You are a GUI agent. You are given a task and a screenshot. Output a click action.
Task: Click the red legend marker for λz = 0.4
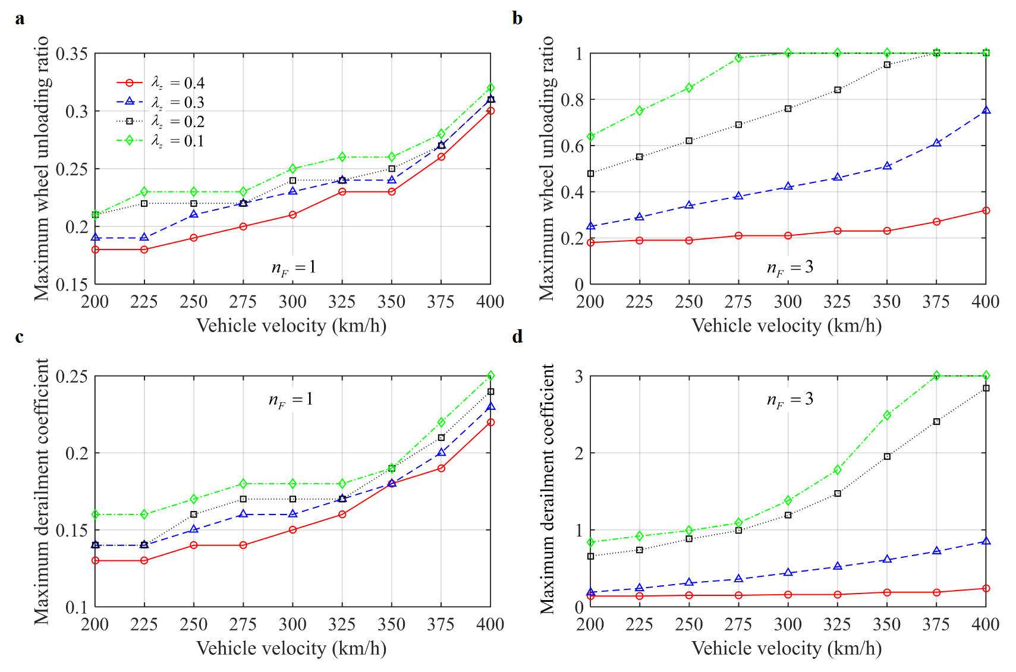129,83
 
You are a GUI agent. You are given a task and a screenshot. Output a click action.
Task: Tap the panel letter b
517,18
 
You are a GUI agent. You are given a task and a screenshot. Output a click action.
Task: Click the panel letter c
20,337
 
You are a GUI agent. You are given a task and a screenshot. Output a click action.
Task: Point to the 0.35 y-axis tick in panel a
71,54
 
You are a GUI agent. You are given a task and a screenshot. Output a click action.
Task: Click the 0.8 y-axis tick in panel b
572,100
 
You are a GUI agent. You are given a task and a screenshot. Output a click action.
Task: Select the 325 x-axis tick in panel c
342,624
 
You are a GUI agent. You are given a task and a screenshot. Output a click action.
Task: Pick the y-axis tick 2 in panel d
579,453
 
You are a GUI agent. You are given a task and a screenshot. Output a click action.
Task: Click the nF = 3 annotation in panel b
789,268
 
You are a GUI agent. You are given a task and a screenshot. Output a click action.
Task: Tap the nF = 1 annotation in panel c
291,400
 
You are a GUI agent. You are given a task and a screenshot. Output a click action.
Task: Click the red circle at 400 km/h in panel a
490,111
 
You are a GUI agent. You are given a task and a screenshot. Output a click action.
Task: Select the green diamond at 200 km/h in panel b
590,137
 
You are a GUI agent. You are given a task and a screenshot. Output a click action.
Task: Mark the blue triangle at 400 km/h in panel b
986,111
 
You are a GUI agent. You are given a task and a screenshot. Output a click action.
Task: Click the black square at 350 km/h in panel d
887,456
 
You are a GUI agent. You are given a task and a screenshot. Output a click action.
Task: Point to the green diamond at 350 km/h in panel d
887,415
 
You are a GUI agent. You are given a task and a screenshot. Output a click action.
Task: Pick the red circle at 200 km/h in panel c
95,560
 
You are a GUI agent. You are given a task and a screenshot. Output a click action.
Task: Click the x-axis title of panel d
787,648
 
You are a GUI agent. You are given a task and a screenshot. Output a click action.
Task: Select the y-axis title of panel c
42,491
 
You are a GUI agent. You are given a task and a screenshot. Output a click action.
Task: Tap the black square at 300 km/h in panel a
292,180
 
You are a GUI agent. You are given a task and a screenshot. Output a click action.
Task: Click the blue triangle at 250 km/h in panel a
194,214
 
